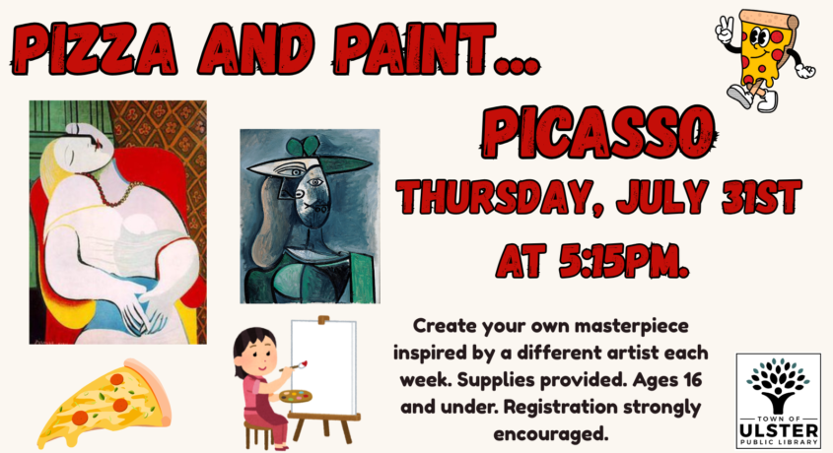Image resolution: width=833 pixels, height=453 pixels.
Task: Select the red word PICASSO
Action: coord(597,133)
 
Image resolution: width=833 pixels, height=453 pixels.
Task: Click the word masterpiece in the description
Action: coord(631,326)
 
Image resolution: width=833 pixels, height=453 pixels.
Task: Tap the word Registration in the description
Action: coord(560,408)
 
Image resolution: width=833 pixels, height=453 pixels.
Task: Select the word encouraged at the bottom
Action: coord(550,434)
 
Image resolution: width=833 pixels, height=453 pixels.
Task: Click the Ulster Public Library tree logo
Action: coord(778,385)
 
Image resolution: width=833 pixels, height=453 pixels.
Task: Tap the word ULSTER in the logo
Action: coord(778,429)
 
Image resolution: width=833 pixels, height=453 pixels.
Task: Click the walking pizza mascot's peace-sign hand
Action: coord(726,30)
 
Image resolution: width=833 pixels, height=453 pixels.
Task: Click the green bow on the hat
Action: coord(304,146)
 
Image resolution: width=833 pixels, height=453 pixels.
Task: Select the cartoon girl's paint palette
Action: coord(296,397)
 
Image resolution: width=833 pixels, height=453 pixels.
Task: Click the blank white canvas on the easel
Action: coord(322,367)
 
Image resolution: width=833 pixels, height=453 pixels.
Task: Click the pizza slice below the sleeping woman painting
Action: coord(104,403)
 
